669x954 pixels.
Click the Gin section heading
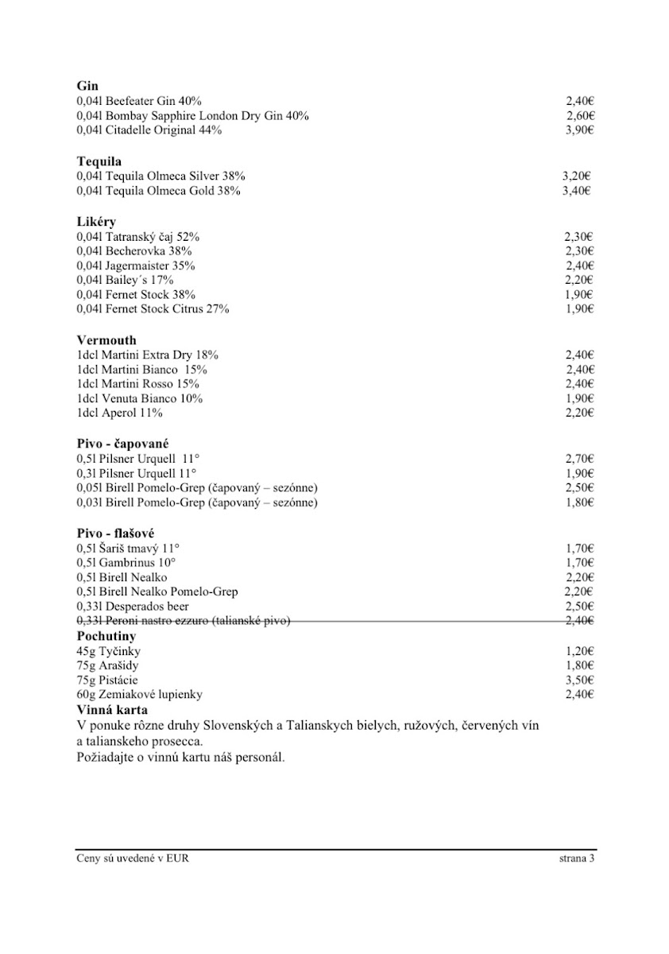coord(87,86)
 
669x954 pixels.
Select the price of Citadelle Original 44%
coord(579,130)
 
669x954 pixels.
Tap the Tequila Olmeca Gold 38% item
coord(159,191)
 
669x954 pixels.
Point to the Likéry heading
coord(96,222)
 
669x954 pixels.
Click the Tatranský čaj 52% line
coord(138,237)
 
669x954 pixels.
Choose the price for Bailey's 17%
coord(579,280)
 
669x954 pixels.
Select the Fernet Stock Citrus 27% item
coord(153,308)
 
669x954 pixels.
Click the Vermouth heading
coord(106,340)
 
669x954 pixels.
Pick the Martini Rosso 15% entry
coord(138,384)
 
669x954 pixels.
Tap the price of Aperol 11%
coord(579,413)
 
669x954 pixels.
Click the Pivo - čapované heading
coord(123,444)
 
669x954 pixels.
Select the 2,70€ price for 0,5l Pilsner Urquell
coord(579,459)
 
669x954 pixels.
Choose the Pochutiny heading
coord(106,637)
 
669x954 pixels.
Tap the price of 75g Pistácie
coord(579,680)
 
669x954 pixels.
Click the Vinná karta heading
coord(112,709)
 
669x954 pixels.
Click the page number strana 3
coord(576,859)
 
